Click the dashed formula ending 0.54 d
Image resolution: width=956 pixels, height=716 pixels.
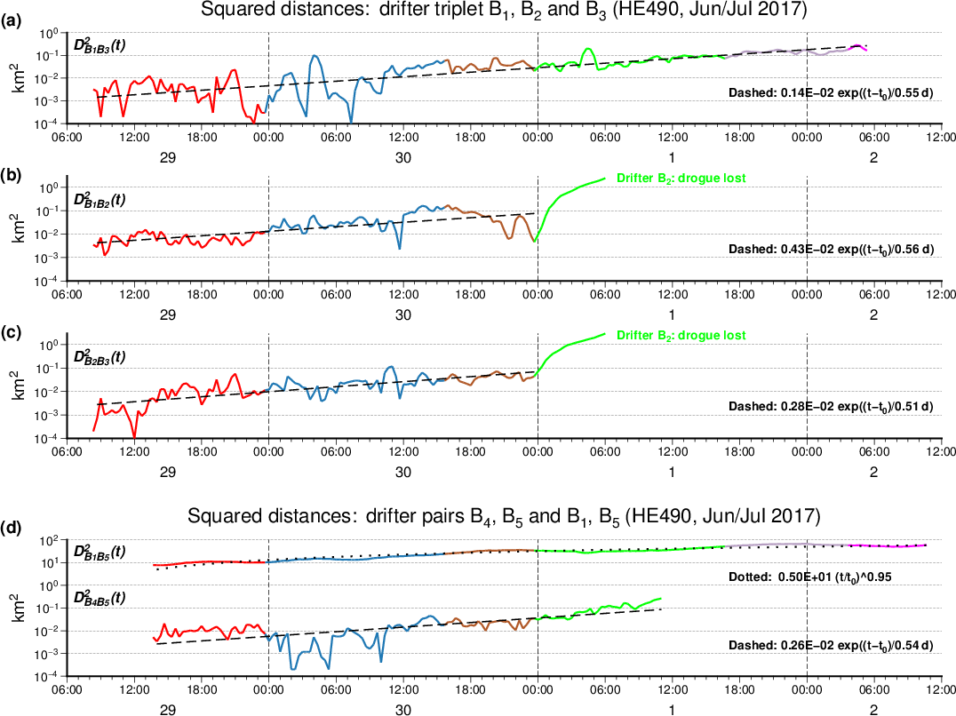coord(831,645)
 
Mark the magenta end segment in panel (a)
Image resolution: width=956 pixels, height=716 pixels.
coord(859,46)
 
